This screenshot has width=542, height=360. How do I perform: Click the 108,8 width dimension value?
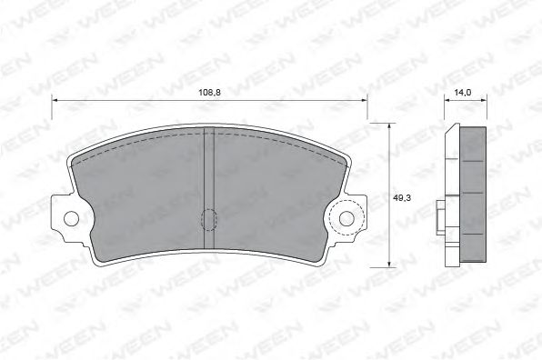tap(209, 92)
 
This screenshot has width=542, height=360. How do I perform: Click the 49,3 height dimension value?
tap(402, 198)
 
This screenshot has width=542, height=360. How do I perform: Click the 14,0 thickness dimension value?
tap(463, 92)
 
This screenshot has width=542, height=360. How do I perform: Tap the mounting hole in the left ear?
tap(72, 218)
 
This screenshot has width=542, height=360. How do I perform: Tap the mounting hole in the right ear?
tap(346, 218)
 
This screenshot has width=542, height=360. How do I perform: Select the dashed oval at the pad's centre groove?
tap(209, 220)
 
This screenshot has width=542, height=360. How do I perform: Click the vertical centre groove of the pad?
tap(209, 188)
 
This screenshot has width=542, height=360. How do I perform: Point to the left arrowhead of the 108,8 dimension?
tap(55, 100)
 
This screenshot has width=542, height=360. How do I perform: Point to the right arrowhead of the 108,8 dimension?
tap(365, 100)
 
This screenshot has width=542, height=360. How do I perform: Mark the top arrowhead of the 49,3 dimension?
tap(389, 125)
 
